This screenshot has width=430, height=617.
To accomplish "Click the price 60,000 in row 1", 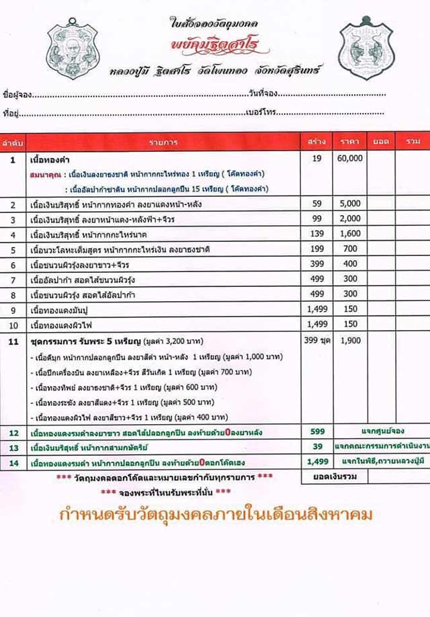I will click(x=350, y=159).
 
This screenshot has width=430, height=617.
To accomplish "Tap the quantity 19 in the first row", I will click(x=316, y=159).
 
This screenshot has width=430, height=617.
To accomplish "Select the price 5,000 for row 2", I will click(x=350, y=204).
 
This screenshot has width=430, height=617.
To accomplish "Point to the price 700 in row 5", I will click(x=350, y=249).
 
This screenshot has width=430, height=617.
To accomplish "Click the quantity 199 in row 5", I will click(x=316, y=249).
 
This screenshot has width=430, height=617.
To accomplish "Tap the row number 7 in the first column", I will click(x=13, y=279).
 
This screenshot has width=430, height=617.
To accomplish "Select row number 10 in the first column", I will click(x=13, y=325).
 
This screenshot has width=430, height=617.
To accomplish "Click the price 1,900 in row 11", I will click(x=350, y=340).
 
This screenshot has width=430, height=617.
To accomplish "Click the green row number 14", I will click(x=13, y=462).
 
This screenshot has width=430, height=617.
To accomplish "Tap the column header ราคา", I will click(x=350, y=142).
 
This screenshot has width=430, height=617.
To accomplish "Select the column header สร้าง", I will click(x=316, y=142).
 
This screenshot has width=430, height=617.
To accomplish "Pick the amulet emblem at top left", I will click(x=73, y=49).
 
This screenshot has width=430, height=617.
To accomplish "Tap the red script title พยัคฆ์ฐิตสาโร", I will click(x=217, y=49).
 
